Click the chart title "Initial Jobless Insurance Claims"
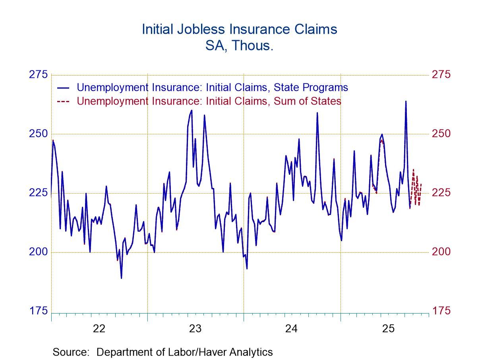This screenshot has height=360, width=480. (239, 29)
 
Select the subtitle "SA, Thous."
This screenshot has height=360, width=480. (239, 46)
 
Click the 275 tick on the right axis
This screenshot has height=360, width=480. (441, 75)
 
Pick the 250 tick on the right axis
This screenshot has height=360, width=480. (441, 134)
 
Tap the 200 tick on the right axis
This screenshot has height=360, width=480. (441, 252)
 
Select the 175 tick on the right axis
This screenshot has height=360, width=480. (441, 310)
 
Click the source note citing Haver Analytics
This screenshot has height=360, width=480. (163, 352)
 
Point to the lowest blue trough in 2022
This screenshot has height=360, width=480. (121, 278)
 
